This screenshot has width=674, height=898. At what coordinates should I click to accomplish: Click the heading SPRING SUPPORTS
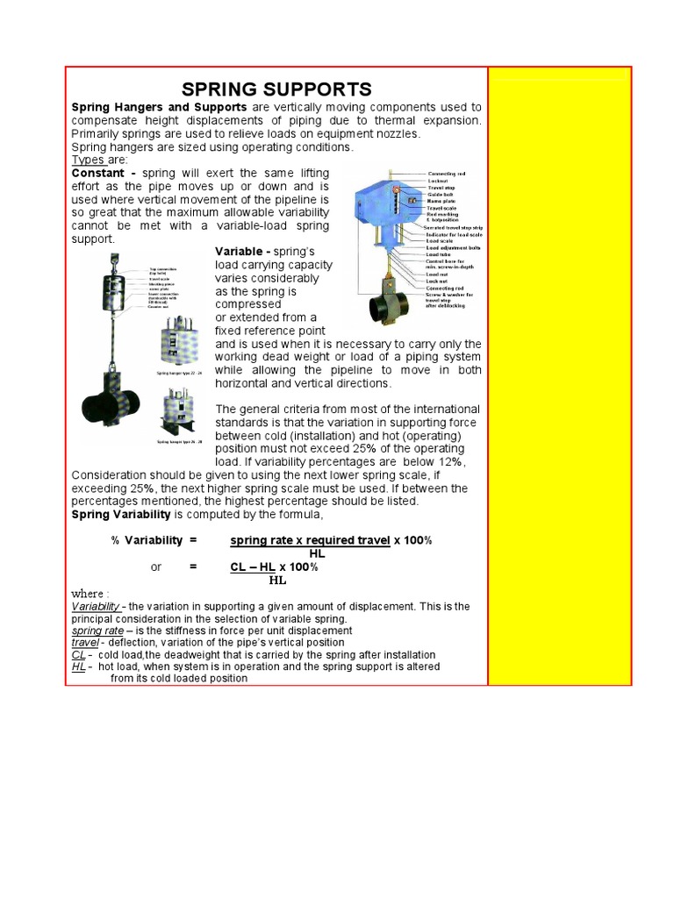pyautogui.click(x=276, y=89)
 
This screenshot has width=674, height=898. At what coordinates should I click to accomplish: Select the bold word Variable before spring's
pyautogui.click(x=243, y=253)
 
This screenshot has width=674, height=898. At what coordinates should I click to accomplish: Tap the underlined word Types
pyautogui.click(x=88, y=161)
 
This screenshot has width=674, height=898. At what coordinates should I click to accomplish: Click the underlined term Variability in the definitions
pyautogui.click(x=97, y=606)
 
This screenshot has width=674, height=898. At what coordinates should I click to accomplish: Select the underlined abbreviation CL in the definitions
pyautogui.click(x=79, y=655)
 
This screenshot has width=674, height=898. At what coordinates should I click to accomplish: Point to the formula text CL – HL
pyautogui.click(x=253, y=567)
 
